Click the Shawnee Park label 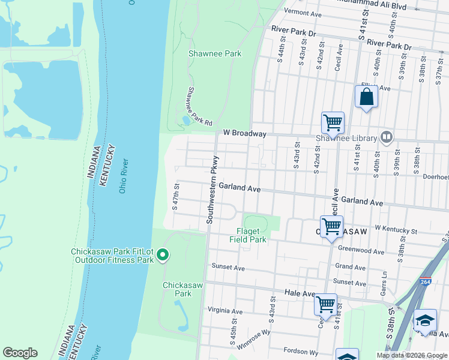pos(215,53)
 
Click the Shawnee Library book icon pos(387,138)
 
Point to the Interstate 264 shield pos(425,281)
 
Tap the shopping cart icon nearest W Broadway pos(333,123)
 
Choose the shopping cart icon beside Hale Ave pos(325,304)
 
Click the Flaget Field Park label pos(247,235)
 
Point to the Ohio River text pos(124,177)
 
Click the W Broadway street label pos(244,133)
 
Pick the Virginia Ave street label pos(224,311)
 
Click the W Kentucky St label pos(396,230)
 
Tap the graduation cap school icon pos(426,320)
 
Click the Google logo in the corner pos(20,353)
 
